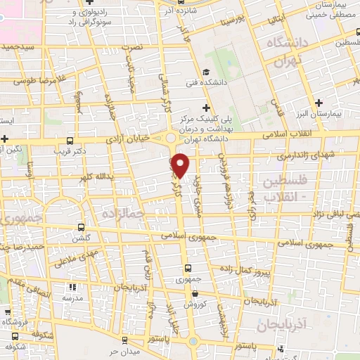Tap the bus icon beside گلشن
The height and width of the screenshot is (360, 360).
click(x=82, y=227)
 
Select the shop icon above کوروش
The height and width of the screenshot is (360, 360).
click(x=195, y=293)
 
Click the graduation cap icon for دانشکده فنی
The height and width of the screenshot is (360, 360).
click(x=206, y=72)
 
